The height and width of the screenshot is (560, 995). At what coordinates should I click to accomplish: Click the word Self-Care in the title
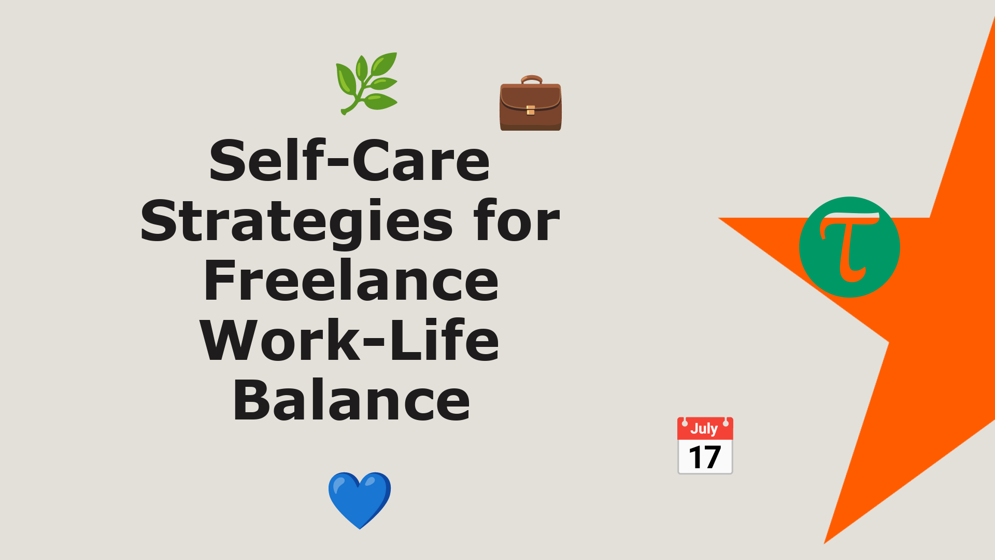(350, 160)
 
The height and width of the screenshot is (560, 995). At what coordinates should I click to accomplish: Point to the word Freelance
(351, 281)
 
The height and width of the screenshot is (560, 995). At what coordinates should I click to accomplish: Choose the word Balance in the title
(351, 400)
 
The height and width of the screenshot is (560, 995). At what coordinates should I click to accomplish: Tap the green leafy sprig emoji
(367, 83)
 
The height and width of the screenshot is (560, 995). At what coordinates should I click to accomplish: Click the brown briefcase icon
(531, 103)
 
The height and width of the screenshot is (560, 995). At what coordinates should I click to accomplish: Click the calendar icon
(705, 445)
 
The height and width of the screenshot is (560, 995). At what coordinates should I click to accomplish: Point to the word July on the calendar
(704, 429)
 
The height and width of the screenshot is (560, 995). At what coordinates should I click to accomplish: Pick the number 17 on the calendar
(705, 457)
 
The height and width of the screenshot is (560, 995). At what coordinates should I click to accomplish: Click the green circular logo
(849, 247)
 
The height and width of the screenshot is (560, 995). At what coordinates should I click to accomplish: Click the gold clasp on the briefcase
(531, 110)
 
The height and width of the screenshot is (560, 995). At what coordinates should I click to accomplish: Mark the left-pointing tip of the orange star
(718, 218)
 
